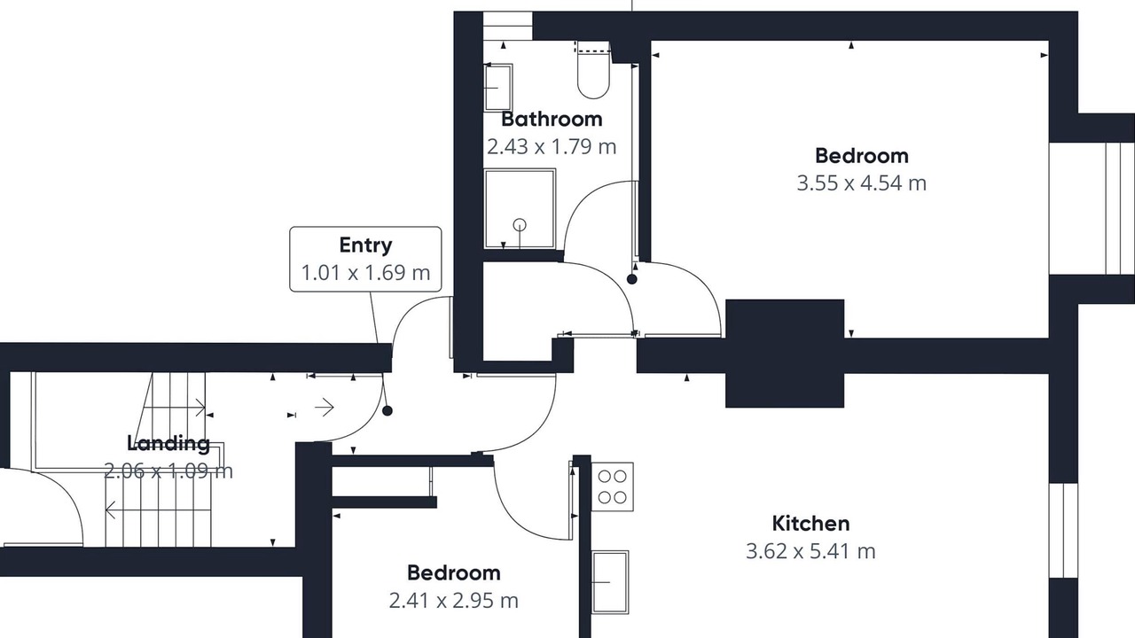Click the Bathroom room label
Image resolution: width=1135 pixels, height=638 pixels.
click(552, 120)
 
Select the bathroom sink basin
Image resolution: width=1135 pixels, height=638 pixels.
click(498, 88)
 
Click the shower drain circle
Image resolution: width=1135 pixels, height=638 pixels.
click(520, 224)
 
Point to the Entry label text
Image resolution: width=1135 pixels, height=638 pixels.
click(365, 245)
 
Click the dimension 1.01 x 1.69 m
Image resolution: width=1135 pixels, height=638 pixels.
click(365, 272)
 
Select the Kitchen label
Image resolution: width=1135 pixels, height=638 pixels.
click(810, 524)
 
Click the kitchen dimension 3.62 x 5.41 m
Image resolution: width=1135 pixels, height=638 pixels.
click(810, 551)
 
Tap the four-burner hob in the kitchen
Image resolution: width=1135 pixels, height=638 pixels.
click(612, 486)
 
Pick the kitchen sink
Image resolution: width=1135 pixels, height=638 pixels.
click(611, 582)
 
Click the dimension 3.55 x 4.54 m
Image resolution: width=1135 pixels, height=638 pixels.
click(861, 183)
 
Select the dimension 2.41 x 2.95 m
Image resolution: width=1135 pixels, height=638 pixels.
click(453, 601)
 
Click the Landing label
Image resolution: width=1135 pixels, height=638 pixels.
click(168, 443)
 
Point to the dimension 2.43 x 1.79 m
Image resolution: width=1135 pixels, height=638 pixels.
click(552, 147)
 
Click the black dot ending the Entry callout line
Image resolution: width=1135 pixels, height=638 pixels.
click(387, 411)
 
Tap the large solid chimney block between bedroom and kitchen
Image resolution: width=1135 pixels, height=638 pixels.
click(785, 354)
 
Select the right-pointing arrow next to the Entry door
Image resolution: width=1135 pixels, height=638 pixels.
click(325, 407)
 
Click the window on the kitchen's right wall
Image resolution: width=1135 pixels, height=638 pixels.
click(1063, 530)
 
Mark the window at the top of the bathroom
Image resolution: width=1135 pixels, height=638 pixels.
click(507, 27)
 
